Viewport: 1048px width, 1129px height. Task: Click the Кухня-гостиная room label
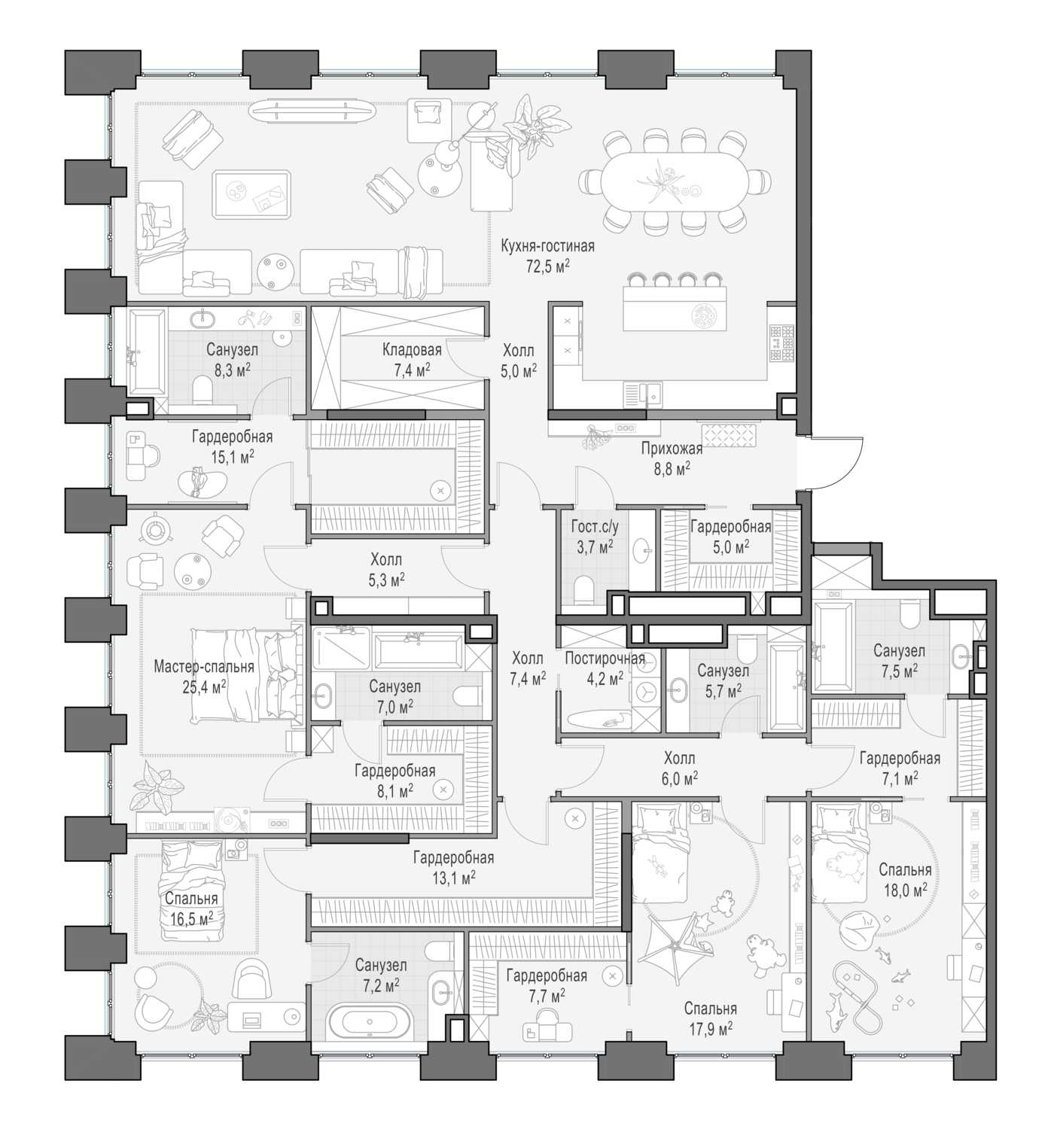point(547,246)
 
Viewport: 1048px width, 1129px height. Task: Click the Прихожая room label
point(672,449)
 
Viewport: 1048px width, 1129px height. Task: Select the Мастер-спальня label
point(203,667)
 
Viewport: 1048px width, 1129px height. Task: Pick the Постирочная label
point(605,659)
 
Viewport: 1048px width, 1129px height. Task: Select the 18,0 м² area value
point(905,890)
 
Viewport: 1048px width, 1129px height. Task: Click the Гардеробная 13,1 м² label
point(453,858)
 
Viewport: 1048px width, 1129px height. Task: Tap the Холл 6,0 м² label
point(679,759)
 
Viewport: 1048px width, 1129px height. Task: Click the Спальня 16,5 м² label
point(191,899)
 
